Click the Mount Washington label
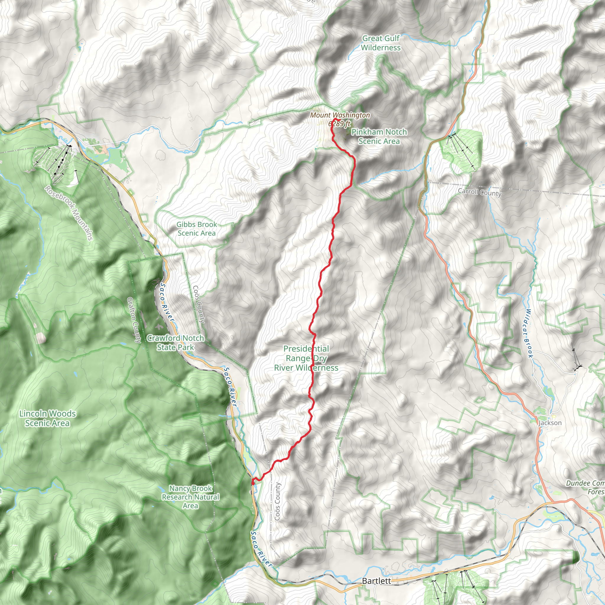(x=340, y=115)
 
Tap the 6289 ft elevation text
(x=339, y=124)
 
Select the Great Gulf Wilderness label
(x=380, y=43)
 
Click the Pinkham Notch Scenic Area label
(x=379, y=136)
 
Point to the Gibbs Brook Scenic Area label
(x=196, y=229)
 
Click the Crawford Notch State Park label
(x=175, y=343)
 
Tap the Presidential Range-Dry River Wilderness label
(x=306, y=358)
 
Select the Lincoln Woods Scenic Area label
(x=47, y=418)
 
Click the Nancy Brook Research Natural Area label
(x=191, y=497)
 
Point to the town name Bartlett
(x=376, y=581)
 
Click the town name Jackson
(x=550, y=423)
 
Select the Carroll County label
(x=479, y=192)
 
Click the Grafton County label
(x=134, y=320)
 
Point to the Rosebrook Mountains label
(x=69, y=213)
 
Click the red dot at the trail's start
(x=253, y=483)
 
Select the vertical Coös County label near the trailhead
(x=277, y=501)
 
